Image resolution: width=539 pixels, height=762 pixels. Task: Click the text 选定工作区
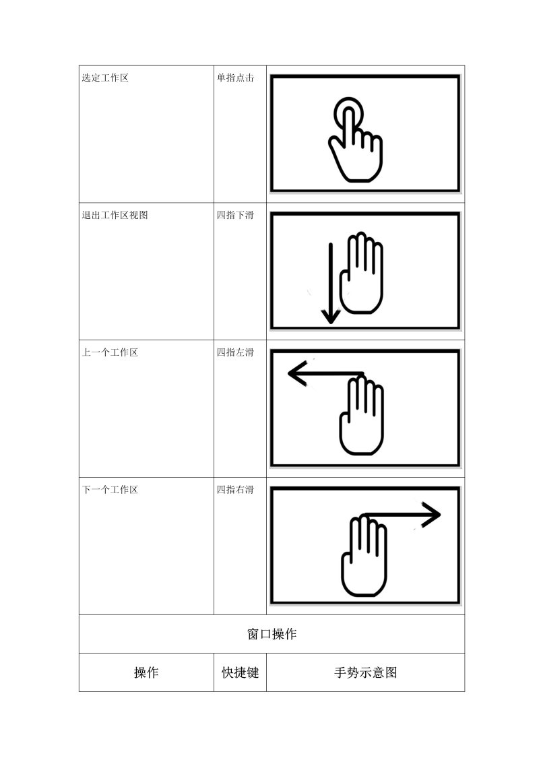(105, 77)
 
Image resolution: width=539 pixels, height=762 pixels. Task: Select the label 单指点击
(235, 77)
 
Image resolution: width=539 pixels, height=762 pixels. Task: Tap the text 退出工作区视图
(115, 216)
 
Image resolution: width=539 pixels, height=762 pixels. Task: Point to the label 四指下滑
(235, 216)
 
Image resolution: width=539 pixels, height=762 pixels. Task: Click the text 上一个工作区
(110, 352)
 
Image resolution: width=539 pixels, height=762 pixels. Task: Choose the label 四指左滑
(235, 352)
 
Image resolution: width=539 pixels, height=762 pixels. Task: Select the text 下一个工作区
(110, 490)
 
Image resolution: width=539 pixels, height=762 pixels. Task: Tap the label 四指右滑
(235, 490)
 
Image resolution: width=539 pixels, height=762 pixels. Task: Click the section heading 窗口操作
(272, 634)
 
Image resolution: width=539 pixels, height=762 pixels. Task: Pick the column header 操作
(146, 672)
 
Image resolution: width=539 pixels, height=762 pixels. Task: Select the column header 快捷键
(241, 672)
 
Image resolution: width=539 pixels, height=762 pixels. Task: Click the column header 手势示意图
(365, 672)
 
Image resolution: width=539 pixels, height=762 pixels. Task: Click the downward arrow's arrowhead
(331, 317)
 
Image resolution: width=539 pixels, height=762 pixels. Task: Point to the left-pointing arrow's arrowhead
(296, 374)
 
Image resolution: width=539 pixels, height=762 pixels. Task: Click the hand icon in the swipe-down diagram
(362, 273)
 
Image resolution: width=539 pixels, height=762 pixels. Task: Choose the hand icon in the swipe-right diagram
(364, 555)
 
